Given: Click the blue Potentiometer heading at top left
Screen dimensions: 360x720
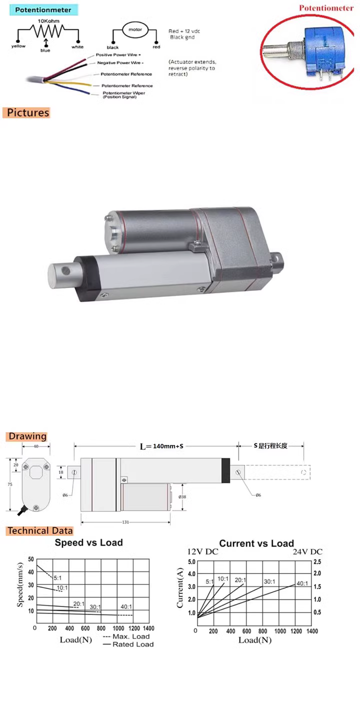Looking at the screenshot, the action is pyautogui.click(x=43, y=10).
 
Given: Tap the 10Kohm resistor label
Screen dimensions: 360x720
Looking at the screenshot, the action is pyautogui.click(x=48, y=21).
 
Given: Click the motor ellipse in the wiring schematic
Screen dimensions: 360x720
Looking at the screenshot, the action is pyautogui.click(x=135, y=29).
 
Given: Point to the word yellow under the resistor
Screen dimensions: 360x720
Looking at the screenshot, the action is pyautogui.click(x=18, y=46).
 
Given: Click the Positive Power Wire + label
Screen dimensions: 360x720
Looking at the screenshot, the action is pyautogui.click(x=118, y=55).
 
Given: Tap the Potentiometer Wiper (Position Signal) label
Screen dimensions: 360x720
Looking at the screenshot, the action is pyautogui.click(x=124, y=95).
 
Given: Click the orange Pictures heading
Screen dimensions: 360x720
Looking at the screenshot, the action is pyautogui.click(x=28, y=113).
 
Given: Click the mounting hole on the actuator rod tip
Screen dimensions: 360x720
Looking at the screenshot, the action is pyautogui.click(x=66, y=270).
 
